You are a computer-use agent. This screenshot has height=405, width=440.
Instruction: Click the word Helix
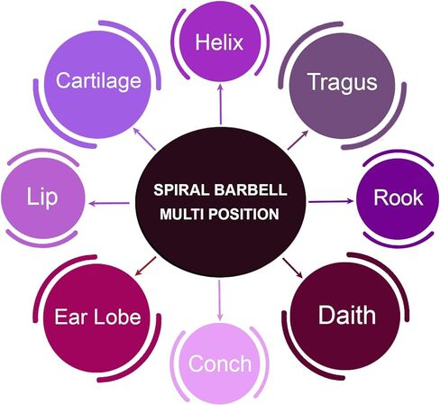pos(219,42)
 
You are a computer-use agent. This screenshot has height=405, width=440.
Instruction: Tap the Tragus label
pos(343,82)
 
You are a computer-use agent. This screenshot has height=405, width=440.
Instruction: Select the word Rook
pos(399,198)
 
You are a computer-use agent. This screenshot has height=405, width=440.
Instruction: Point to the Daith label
pos(347,315)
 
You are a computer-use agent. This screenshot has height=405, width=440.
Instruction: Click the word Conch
pos(220,364)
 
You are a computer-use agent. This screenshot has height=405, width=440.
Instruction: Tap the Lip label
pos(41,198)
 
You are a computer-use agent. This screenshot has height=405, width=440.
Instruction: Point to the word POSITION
pos(243,215)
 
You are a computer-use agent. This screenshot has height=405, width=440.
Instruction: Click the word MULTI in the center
pos(182,215)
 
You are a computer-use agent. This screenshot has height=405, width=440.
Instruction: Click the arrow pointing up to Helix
pos(221,104)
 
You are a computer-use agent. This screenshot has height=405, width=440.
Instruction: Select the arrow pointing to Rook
pos(331,201)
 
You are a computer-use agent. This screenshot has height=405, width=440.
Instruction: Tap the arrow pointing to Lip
pos(110,203)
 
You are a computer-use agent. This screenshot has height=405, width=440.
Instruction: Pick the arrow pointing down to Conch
pos(220,299)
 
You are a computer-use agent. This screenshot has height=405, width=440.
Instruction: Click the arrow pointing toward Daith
pos(292,268)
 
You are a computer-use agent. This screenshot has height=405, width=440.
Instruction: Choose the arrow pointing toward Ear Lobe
pos(145,266)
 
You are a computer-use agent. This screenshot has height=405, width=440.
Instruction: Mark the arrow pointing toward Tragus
pos(298,140)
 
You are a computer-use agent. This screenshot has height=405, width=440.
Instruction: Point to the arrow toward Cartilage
pos(144,139)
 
